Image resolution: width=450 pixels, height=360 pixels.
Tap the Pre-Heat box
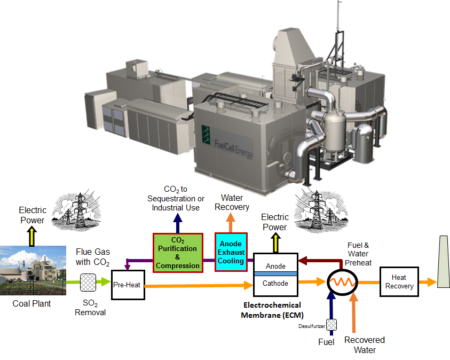pyautogui.click(x=127, y=285)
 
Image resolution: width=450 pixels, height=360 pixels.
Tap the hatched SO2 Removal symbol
pyautogui.click(x=88, y=283)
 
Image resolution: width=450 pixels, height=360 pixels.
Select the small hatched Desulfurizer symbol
pyautogui.click(x=331, y=324)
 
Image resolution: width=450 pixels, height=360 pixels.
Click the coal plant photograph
pyautogui.click(x=32, y=270)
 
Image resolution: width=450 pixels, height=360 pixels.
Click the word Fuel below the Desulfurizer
pyautogui.click(x=326, y=342)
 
